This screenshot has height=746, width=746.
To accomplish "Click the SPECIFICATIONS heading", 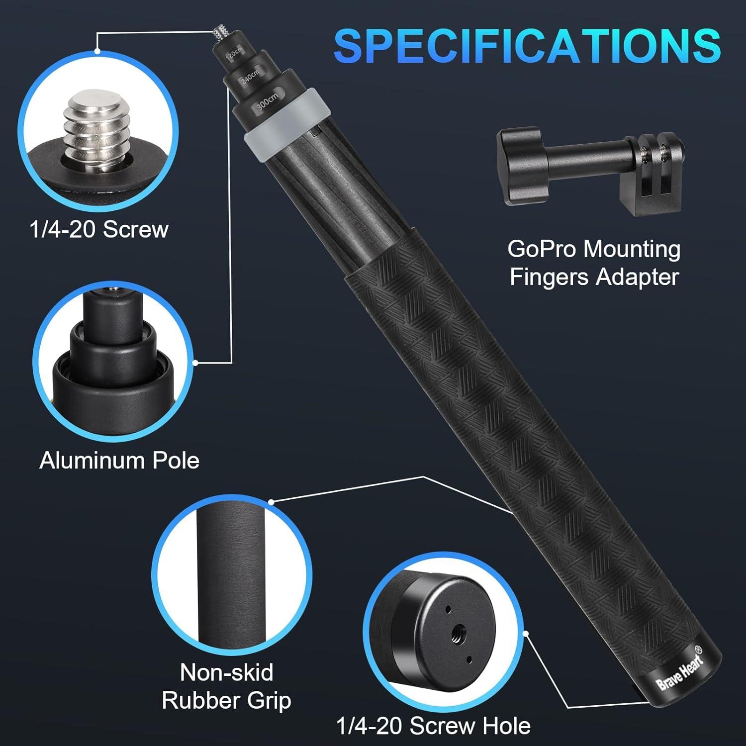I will click(527, 45).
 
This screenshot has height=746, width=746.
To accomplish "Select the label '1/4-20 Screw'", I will click(99, 229).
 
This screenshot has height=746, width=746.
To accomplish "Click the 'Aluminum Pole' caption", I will click(119, 461).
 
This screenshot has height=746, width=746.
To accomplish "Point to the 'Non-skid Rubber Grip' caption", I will click(227, 686).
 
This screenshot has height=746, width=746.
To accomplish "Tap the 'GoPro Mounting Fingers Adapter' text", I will click(594, 263).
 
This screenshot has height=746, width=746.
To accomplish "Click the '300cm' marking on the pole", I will click(267, 101).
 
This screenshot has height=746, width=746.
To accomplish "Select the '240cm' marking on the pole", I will click(250, 77).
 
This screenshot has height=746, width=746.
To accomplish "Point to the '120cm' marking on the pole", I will click(234, 54).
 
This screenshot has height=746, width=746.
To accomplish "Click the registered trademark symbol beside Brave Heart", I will click(698, 650).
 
